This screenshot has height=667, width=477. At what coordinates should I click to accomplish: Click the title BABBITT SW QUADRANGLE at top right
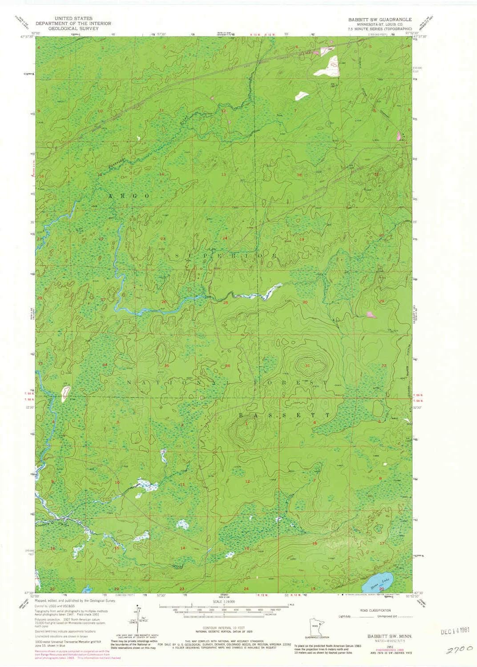(380, 20)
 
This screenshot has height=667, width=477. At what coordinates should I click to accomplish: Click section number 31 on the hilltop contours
(308, 365)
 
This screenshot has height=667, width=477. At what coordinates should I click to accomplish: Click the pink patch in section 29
(370, 315)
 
